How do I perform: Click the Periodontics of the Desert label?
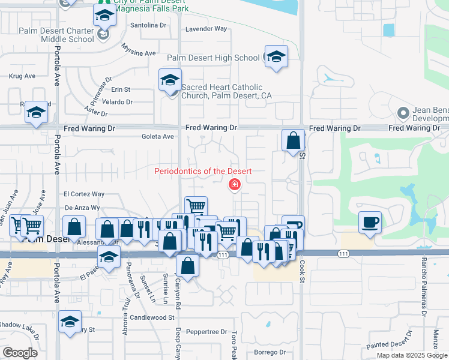pyautogui.click(x=202, y=171)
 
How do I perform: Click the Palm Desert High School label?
pyautogui.click(x=213, y=58)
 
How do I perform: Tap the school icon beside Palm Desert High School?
pyautogui.click(x=276, y=57)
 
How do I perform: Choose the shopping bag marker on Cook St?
pyautogui.click(x=292, y=142)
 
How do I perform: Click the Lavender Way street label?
pyautogui.click(x=208, y=28)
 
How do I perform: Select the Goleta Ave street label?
pyautogui.click(x=157, y=137)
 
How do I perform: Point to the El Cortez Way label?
pyautogui.click(x=84, y=194)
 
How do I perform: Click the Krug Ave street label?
pyautogui.click(x=22, y=76)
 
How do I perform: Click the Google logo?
pyautogui.click(x=20, y=353)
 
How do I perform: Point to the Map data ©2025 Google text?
pyautogui.click(x=412, y=355)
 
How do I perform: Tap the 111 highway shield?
pyautogui.click(x=223, y=255)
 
